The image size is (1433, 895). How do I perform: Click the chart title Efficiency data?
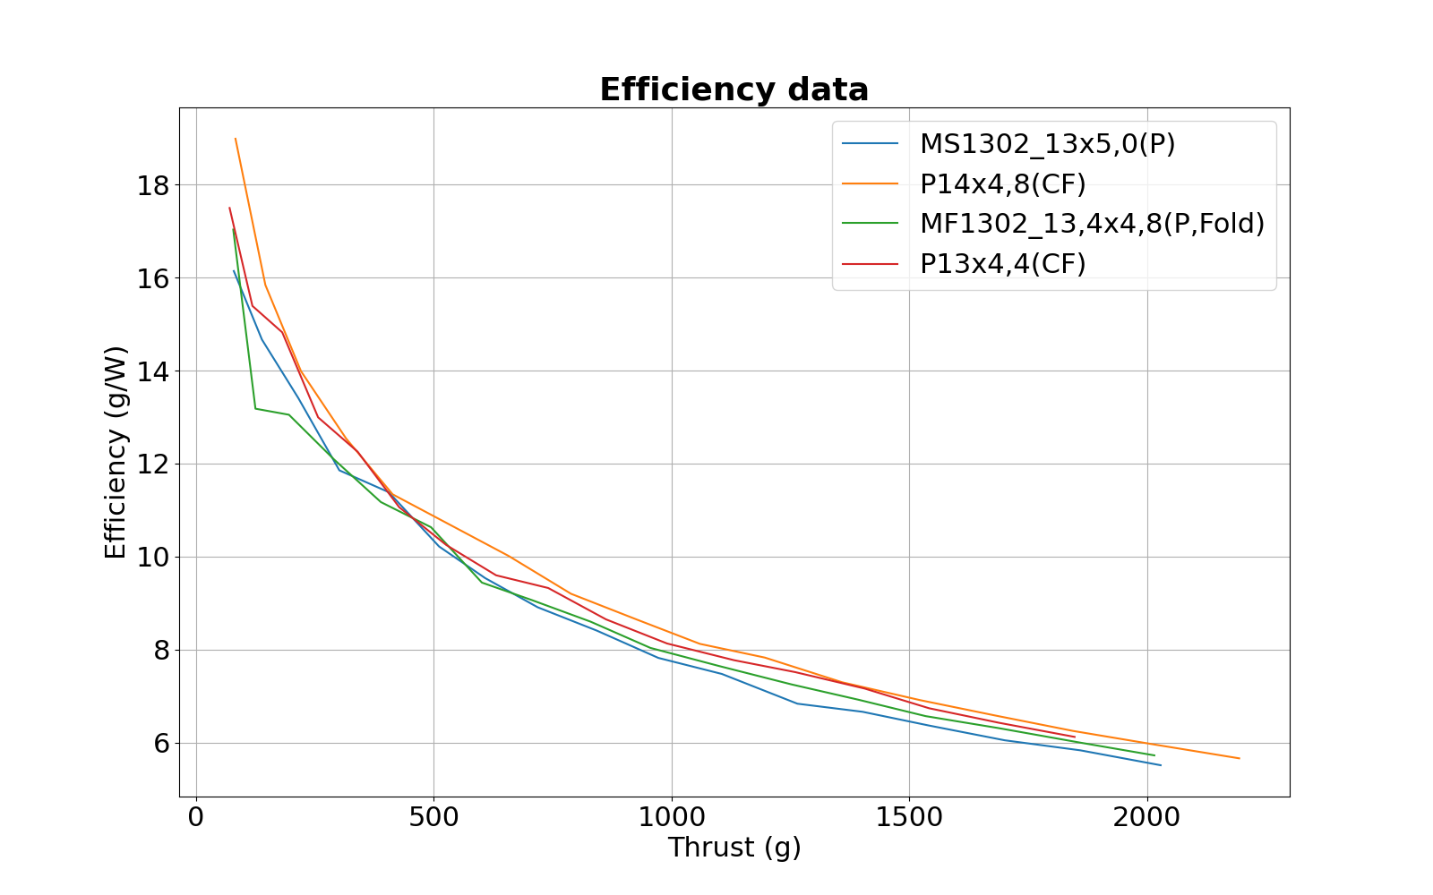734,90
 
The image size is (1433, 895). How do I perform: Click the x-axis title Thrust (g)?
734,848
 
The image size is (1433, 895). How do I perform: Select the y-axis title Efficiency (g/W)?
116,452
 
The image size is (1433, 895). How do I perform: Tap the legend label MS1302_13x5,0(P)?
1047,144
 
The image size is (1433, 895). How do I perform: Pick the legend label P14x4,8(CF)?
1002,184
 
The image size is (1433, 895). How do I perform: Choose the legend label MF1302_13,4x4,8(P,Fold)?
1092,224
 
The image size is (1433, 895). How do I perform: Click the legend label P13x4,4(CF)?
1002,264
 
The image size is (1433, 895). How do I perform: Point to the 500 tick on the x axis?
433,817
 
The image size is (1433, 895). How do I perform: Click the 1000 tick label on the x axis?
671,817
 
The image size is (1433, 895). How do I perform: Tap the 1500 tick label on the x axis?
909,817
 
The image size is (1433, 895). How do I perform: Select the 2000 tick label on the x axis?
1146,817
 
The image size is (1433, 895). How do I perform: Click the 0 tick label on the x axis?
196,817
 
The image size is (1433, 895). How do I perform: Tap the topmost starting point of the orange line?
236,139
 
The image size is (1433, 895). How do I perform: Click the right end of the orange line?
1240,758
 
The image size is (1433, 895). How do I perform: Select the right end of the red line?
1075,737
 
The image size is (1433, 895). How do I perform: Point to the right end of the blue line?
1161,765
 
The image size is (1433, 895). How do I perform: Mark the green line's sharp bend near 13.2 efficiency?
256,408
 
